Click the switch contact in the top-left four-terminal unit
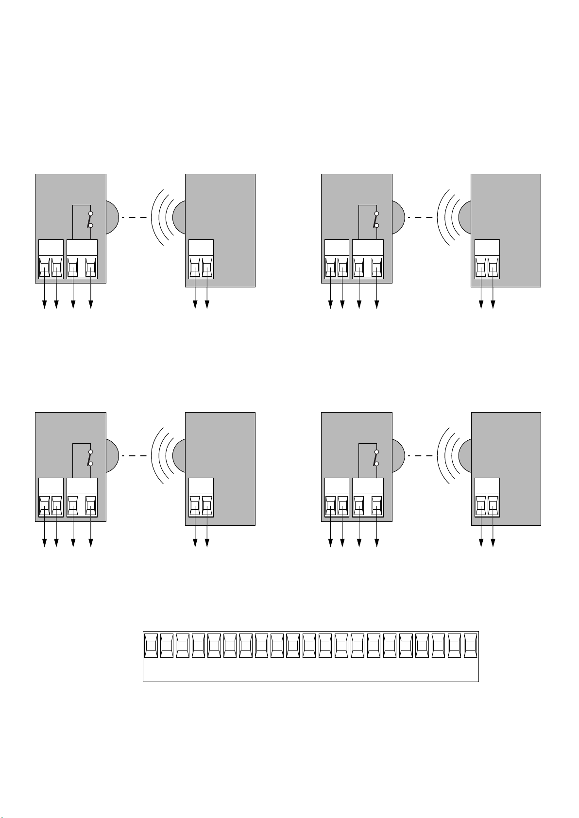(90, 219)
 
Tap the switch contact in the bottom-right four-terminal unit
(376, 458)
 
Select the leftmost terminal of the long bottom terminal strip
(151, 645)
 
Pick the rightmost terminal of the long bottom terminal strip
(471, 645)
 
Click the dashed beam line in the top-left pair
(134, 217)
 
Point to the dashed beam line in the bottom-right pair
(420, 456)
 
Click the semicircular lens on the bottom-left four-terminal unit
(111, 456)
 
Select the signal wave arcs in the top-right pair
(447, 217)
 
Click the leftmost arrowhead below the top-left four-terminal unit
(45, 304)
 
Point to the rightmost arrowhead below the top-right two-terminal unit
(493, 304)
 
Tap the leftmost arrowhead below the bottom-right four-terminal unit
(331, 543)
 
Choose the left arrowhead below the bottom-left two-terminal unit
(195, 543)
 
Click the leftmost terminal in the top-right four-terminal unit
(331, 267)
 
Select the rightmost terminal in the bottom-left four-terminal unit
(91, 506)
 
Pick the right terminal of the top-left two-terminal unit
(207, 267)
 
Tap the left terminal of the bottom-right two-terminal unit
(481, 506)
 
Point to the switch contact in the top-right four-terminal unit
(376, 219)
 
